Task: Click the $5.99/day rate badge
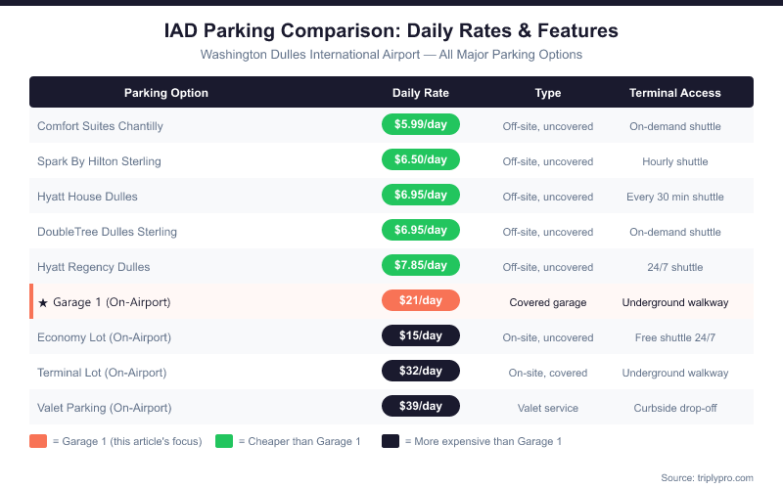(x=420, y=125)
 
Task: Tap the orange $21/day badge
(x=420, y=301)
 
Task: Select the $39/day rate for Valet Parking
(x=420, y=407)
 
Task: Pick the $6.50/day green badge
(x=420, y=160)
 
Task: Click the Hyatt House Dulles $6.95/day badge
(x=420, y=196)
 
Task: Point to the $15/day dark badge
(x=420, y=336)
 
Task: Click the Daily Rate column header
(x=420, y=93)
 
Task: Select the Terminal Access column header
(x=674, y=93)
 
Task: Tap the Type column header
(x=547, y=93)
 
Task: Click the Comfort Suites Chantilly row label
(x=100, y=126)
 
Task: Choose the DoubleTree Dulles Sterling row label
(x=107, y=232)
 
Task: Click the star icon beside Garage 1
(x=43, y=302)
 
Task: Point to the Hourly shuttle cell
(x=674, y=161)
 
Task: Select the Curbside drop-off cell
(x=674, y=408)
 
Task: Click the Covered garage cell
(x=547, y=302)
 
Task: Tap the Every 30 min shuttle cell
(x=674, y=197)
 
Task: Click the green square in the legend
(x=224, y=441)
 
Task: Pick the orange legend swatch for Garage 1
(x=38, y=441)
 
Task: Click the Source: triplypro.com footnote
(x=707, y=477)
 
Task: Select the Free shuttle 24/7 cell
(x=674, y=337)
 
